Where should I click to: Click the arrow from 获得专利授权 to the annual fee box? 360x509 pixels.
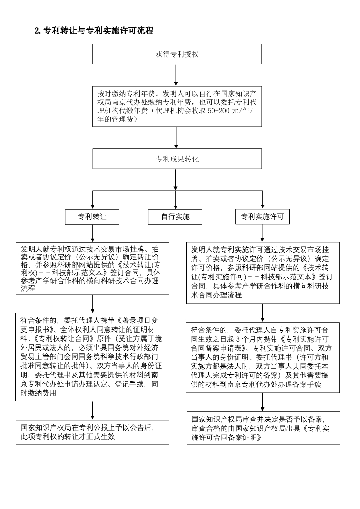point(176,75)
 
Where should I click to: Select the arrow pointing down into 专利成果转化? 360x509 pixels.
point(176,137)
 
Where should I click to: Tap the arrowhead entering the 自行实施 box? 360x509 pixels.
point(175,207)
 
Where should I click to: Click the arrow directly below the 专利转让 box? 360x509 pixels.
point(93,233)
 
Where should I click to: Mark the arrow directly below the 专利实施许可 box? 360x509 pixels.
point(262,233)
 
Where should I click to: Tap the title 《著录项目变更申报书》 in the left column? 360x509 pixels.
point(137,321)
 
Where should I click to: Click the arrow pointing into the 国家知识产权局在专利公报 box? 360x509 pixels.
point(93,411)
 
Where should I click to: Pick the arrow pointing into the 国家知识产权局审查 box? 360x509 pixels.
point(262,402)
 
